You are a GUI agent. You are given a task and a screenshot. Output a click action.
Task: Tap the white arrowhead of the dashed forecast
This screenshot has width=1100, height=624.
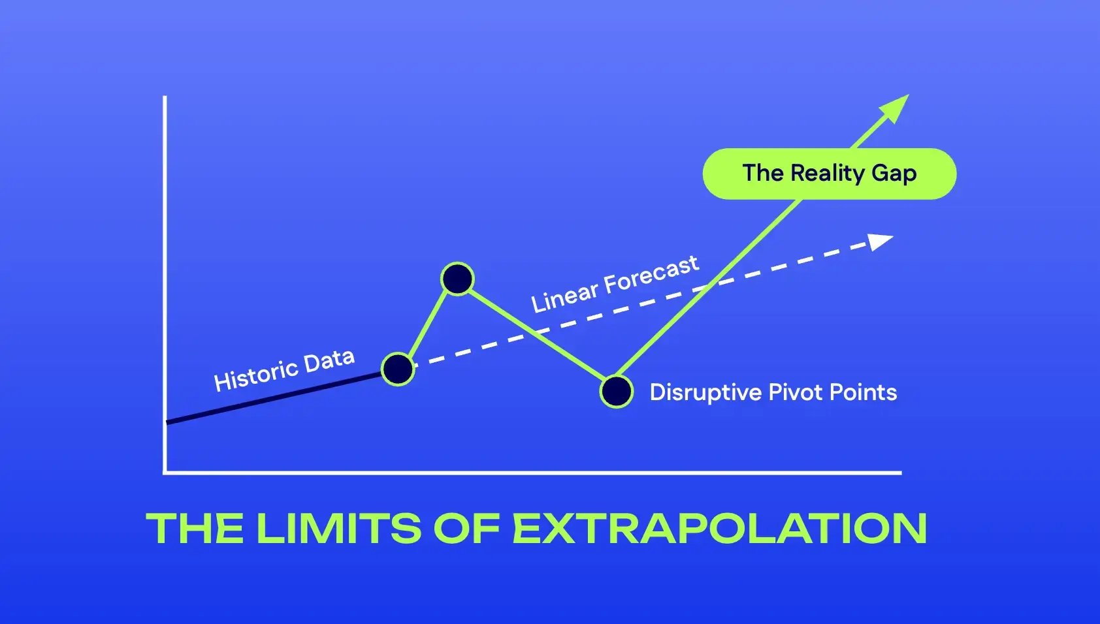881,242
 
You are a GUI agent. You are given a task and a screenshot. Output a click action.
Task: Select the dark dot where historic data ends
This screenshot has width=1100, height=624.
398,369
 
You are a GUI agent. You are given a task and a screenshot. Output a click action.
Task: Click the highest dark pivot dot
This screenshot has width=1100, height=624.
457,279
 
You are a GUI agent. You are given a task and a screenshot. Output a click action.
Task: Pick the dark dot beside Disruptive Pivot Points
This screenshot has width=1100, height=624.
616,392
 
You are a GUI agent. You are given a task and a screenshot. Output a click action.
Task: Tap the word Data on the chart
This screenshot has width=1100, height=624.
329,360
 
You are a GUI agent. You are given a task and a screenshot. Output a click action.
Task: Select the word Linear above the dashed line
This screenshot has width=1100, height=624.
564,296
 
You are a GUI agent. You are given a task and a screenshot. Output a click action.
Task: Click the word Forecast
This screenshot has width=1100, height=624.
651,274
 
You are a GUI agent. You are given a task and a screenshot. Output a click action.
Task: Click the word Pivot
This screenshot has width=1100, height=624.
796,392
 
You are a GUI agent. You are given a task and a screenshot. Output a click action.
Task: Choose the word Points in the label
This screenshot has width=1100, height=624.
863,392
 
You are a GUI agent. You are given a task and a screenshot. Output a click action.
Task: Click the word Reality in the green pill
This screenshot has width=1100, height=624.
828,173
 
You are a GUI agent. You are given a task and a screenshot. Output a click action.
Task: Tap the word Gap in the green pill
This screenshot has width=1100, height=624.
894,174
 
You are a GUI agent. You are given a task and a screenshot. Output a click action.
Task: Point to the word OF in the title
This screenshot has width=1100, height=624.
466,528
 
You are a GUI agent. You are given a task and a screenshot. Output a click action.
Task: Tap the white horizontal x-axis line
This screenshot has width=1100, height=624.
523,472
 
